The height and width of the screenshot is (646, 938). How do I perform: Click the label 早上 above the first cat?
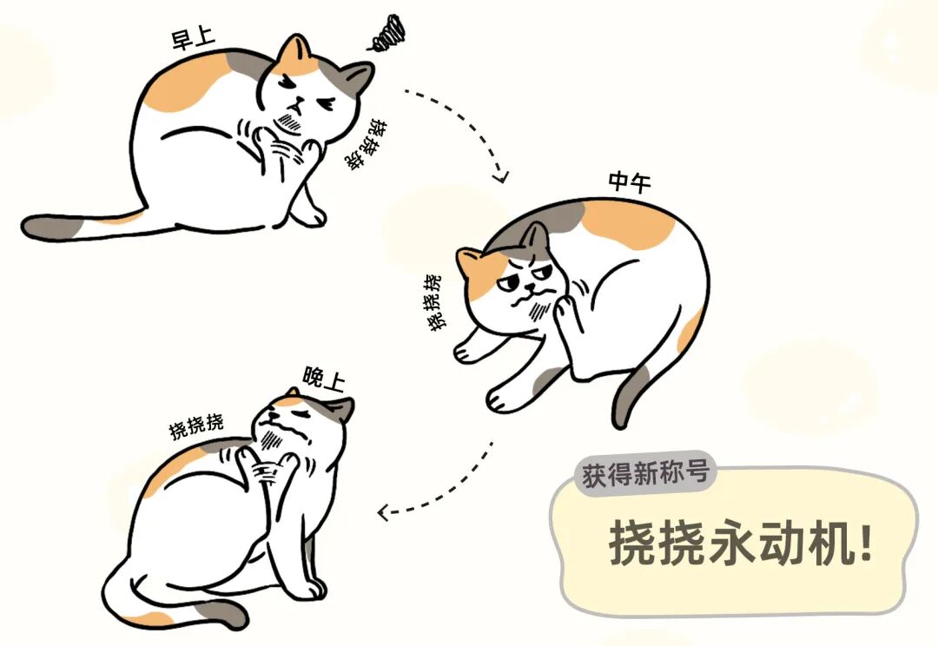[x=193, y=38]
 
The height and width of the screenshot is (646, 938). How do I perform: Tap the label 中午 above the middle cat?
[x=630, y=181]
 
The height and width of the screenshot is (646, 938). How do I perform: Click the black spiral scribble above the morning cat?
[x=386, y=33]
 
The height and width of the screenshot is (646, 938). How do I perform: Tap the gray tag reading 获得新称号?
[x=644, y=474]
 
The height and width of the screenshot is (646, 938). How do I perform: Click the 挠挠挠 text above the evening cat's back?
[x=196, y=425]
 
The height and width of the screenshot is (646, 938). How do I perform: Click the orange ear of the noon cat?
[x=470, y=260]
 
